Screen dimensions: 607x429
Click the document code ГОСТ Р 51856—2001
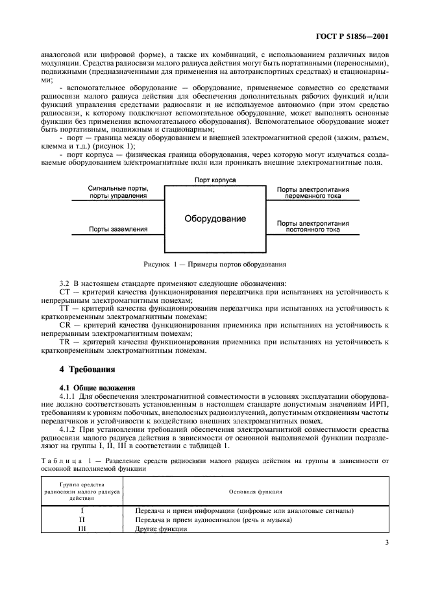356,36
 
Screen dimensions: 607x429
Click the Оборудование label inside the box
215,219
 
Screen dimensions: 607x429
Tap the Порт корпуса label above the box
215,179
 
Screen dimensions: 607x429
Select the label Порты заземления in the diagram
118,229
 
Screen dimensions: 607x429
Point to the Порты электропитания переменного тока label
313,193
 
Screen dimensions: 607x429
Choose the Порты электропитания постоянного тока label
313,226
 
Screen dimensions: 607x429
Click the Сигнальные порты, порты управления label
119,193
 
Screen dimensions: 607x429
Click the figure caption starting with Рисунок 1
215,264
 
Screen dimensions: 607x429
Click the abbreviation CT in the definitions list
64,292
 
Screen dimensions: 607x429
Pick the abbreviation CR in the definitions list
64,324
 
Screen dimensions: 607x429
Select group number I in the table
82,510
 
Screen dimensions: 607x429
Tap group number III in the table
82,528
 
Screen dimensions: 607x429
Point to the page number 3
386,545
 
